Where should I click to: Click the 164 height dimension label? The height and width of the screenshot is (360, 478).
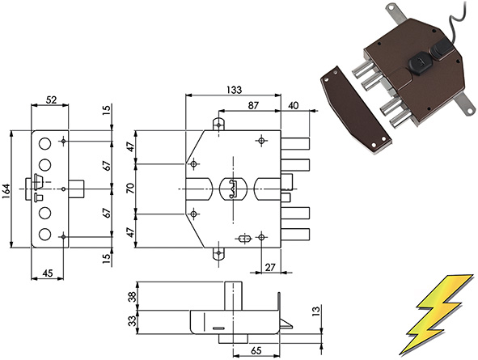(6, 189)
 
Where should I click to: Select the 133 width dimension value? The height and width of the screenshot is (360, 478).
(234, 90)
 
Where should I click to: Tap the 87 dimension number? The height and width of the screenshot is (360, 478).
(253, 105)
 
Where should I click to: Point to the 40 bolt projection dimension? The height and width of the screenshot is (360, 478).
(293, 105)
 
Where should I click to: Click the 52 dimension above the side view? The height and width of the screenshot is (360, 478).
(51, 100)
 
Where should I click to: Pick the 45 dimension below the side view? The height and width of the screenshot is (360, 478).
(48, 273)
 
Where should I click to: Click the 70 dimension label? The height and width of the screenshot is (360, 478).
(130, 189)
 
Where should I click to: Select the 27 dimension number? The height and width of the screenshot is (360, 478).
(270, 267)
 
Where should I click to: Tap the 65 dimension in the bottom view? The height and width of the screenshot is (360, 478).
(256, 351)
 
